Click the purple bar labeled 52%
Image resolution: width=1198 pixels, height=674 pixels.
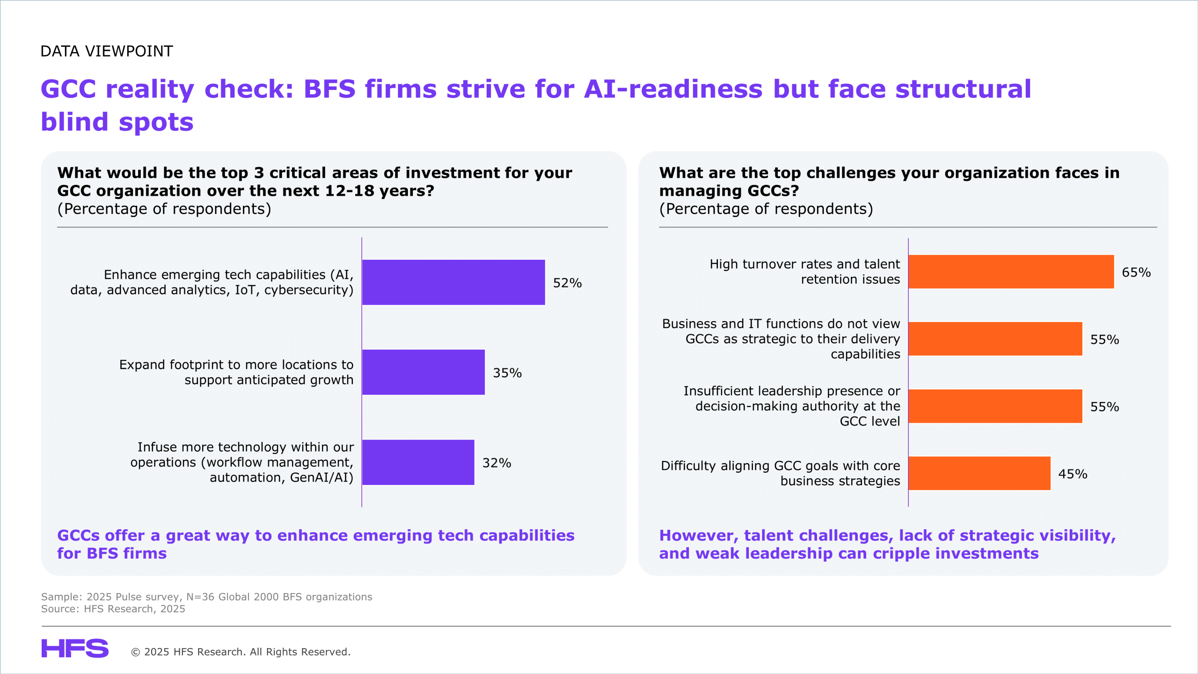(x=453, y=282)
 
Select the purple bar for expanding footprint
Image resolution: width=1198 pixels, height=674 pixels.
(x=424, y=372)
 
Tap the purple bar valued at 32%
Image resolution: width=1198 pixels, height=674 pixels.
(x=418, y=462)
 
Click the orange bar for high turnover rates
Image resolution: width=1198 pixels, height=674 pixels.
(x=1011, y=271)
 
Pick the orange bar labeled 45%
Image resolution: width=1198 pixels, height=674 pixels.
(x=979, y=473)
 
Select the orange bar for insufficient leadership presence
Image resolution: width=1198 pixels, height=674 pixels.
(x=995, y=406)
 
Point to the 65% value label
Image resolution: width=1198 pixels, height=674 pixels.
(x=1136, y=272)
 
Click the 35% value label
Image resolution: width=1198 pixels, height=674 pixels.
(x=507, y=373)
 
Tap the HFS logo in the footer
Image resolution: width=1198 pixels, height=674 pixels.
(x=75, y=648)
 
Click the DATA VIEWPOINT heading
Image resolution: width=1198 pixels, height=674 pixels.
(x=107, y=51)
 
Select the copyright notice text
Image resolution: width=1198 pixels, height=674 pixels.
(x=241, y=652)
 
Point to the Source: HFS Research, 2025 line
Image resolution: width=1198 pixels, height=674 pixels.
(x=113, y=609)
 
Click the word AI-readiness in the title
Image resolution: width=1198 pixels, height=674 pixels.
(x=673, y=89)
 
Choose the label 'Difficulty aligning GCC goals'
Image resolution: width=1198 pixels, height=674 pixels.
(x=781, y=473)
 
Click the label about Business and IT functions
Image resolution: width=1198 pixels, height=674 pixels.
(x=781, y=339)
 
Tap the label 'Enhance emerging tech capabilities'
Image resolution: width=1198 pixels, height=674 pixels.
(x=212, y=282)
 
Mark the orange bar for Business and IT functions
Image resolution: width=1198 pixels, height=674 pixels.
(x=995, y=339)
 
